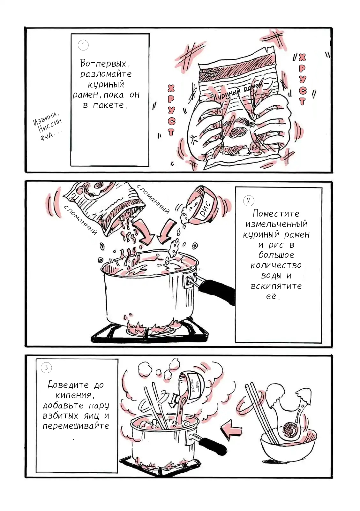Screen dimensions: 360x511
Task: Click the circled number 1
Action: [x=83, y=45]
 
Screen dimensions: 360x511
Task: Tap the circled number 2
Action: [x=249, y=201]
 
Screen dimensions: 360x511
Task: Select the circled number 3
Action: [x=46, y=368]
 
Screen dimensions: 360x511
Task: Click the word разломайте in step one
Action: [x=106, y=74]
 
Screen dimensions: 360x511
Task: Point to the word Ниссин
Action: [x=50, y=126]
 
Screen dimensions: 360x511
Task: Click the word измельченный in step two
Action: [x=276, y=224]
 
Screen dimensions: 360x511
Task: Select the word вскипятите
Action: [x=276, y=286]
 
